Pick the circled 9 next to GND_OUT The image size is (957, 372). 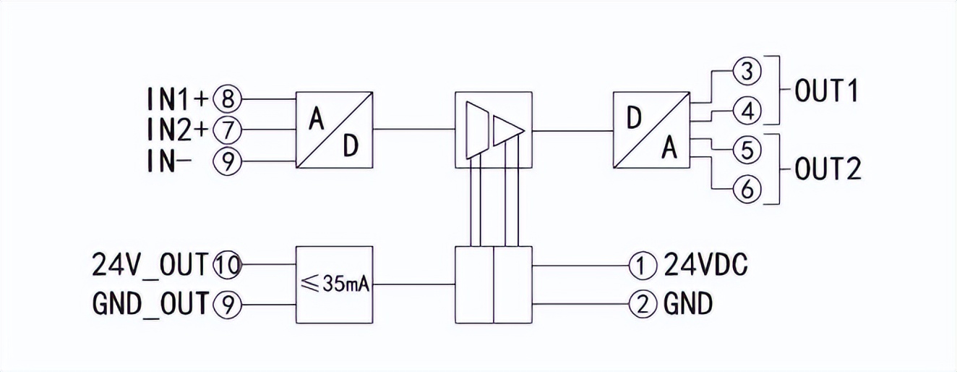click(x=227, y=304)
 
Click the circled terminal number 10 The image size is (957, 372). click(x=228, y=266)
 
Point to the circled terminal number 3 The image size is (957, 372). click(x=747, y=72)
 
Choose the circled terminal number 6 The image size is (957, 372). click(x=747, y=190)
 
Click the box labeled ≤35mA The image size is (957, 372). click(x=333, y=285)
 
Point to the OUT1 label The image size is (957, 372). click(x=825, y=92)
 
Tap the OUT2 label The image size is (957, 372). click(x=827, y=170)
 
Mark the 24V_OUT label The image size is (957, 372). click(x=150, y=266)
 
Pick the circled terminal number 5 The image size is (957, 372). click(x=747, y=151)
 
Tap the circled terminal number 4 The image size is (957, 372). click(x=747, y=111)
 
